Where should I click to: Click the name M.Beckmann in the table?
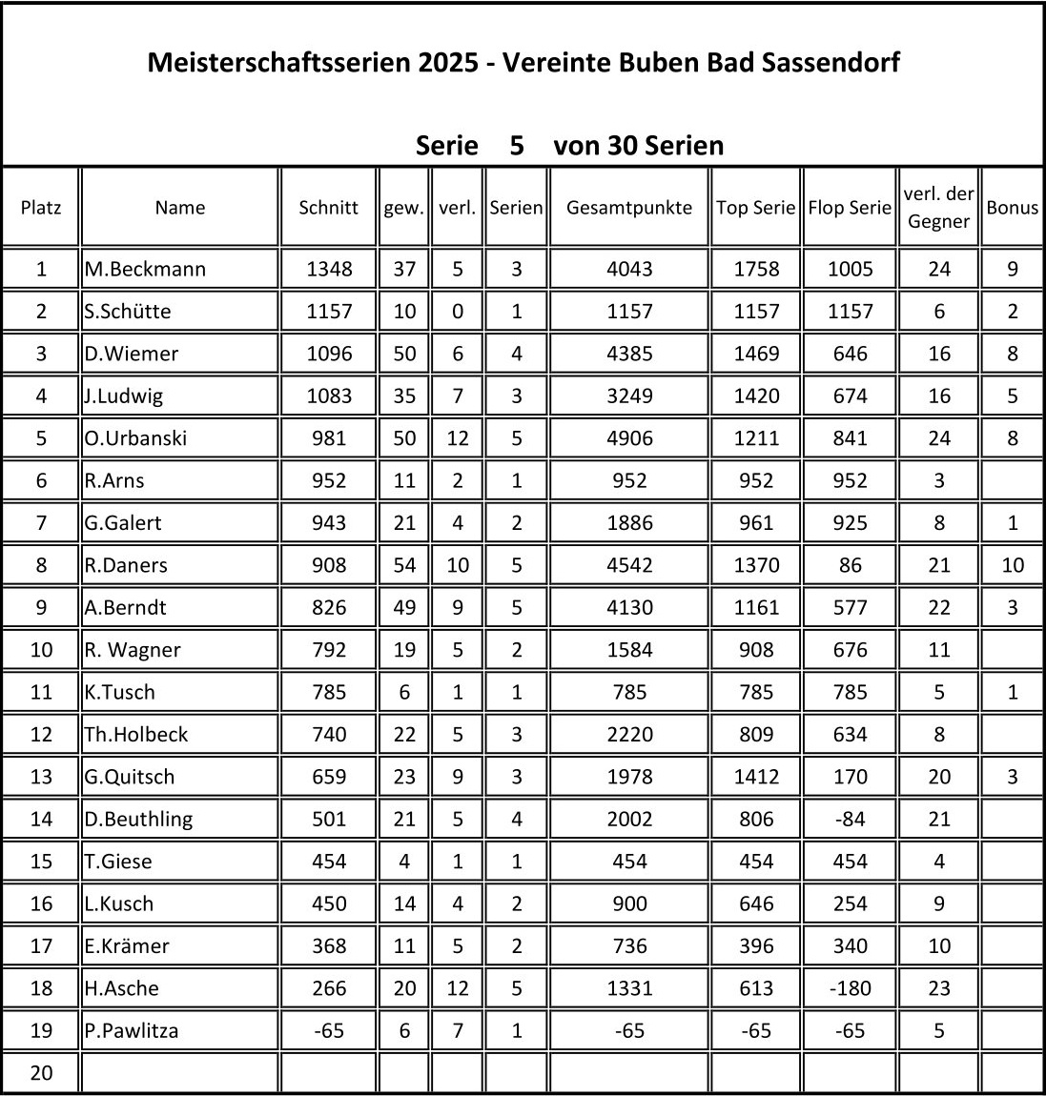(x=145, y=269)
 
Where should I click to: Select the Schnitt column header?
(x=328, y=208)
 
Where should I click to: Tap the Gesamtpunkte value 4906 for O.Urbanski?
(x=629, y=438)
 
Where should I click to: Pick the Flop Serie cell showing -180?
(x=850, y=988)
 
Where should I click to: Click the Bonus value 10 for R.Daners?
(x=1012, y=565)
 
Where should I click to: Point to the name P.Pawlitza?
(x=132, y=1030)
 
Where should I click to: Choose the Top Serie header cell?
(x=755, y=208)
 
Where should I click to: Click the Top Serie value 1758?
(x=755, y=269)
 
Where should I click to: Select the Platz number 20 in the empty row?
(x=41, y=1073)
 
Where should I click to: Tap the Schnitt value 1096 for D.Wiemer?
(x=328, y=354)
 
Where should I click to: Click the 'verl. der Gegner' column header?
(x=938, y=208)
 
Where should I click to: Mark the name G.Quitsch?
(x=130, y=777)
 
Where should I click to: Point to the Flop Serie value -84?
(x=850, y=819)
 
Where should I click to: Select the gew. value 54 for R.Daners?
(x=404, y=565)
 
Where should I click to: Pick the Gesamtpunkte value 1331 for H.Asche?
(x=629, y=988)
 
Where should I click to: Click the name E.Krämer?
(x=127, y=946)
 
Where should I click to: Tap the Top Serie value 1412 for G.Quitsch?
(x=755, y=777)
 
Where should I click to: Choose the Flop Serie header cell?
(x=850, y=208)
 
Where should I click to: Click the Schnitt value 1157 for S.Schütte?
(x=328, y=312)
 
